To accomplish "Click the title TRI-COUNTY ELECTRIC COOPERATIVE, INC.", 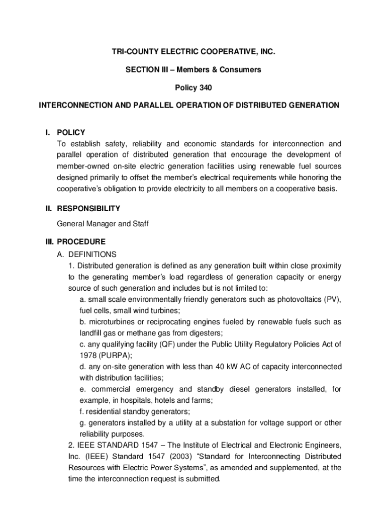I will click(x=193, y=52).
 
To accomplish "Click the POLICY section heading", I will click(x=71, y=133).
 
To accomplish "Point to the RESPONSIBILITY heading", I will click(x=88, y=208).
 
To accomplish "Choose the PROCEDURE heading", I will click(x=81, y=241).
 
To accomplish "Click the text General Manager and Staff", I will click(x=103, y=223).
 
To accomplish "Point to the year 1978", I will click(x=88, y=355).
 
